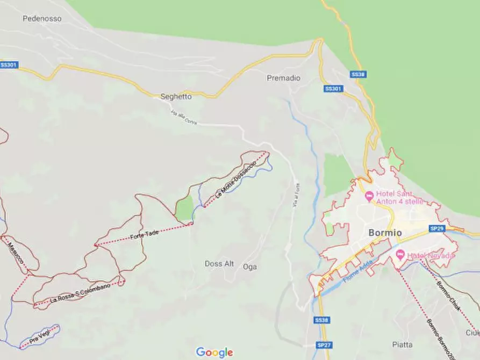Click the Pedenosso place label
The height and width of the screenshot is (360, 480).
42,18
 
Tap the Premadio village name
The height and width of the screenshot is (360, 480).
283,78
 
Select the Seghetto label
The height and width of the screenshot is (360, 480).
176,97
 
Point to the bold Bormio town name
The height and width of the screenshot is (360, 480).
385,233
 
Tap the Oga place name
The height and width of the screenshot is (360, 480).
250,267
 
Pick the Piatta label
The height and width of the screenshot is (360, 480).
403,344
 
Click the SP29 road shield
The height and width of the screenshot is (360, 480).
436,228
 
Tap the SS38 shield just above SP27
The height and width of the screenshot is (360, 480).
321,320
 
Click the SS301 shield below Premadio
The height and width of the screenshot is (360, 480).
333,89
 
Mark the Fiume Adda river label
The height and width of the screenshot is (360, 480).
357,271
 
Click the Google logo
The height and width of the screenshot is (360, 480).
214,352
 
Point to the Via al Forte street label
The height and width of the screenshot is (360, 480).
296,195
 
